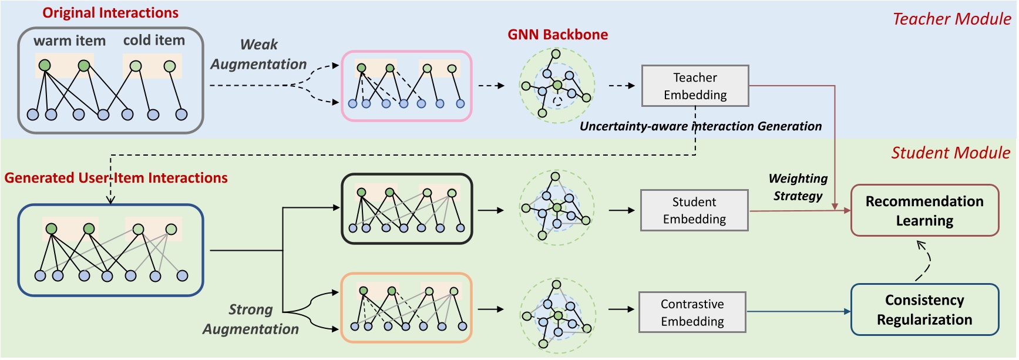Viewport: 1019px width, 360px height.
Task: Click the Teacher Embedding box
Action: coord(695,86)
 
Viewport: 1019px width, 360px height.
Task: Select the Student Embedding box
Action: coord(694,210)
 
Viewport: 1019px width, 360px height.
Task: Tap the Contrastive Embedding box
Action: coord(692,312)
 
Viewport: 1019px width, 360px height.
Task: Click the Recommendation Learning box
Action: coord(924,211)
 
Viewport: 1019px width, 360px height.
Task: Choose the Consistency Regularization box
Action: coord(924,310)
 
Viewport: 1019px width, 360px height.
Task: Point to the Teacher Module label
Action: coord(951,19)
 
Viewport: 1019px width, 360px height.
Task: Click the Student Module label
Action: coord(950,153)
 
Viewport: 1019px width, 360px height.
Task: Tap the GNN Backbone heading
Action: coord(557,35)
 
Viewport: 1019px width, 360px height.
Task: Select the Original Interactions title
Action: coord(110,13)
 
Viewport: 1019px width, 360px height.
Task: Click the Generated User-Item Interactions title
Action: coord(116,178)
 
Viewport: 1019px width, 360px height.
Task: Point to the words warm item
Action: coord(69,41)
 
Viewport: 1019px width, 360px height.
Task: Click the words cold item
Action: coord(154,40)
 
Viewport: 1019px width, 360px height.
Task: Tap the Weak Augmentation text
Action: coord(258,54)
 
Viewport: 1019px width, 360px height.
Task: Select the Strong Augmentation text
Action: coord(251,319)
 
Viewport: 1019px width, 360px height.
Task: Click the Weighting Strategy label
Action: coord(798,187)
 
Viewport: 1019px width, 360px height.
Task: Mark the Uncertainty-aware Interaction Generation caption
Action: coord(700,126)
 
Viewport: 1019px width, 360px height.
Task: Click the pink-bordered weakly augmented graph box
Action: coord(406,86)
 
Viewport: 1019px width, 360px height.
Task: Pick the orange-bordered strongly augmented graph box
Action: coord(406,308)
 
